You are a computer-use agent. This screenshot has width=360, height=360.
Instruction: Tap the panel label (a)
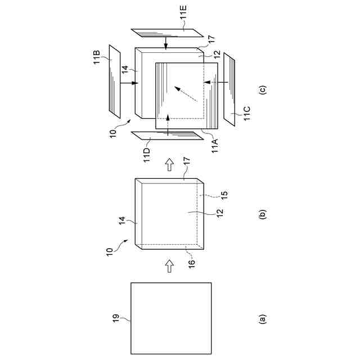[x=262, y=319]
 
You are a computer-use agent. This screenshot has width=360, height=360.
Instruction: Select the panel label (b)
[x=262, y=214]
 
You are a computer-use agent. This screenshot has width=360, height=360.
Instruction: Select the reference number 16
[x=191, y=263]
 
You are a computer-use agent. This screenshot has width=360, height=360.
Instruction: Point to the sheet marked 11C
[x=230, y=87]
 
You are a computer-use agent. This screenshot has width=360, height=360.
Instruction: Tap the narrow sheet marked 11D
[x=167, y=135]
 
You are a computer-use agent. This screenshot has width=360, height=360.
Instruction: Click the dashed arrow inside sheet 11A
[x=186, y=93]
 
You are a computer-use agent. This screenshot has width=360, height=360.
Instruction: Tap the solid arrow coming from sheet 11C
[x=214, y=83]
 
